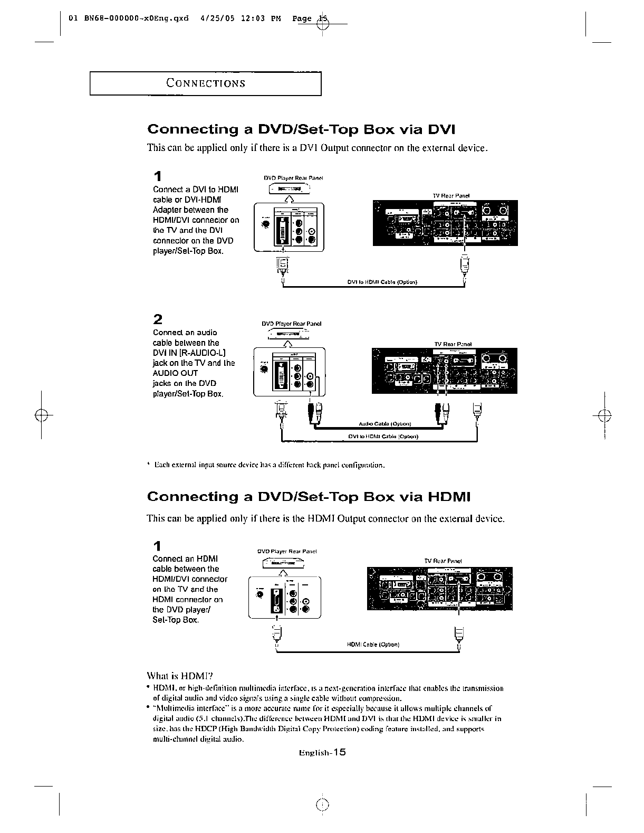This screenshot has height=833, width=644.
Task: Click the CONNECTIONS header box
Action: click(205, 83)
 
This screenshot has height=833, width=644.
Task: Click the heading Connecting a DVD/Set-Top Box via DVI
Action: click(301, 130)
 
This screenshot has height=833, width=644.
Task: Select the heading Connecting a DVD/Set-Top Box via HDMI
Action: click(309, 497)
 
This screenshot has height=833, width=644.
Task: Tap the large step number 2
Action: click(158, 319)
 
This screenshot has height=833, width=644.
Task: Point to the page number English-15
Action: click(322, 752)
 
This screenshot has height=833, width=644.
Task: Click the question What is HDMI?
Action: click(179, 676)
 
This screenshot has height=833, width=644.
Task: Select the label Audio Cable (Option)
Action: click(385, 424)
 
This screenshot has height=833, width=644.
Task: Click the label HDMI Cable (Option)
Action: click(373, 645)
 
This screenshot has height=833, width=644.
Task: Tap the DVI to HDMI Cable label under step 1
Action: click(382, 282)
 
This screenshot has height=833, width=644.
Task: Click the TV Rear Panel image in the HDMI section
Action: click(439, 589)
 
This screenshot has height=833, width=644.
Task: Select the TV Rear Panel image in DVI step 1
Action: click(445, 223)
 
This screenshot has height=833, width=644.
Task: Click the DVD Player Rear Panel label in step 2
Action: click(292, 324)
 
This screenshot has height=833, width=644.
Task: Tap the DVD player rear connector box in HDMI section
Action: click(285, 597)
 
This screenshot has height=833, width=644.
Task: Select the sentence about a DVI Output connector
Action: click(316, 148)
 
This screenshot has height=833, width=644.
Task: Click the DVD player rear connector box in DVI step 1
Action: click(290, 226)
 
